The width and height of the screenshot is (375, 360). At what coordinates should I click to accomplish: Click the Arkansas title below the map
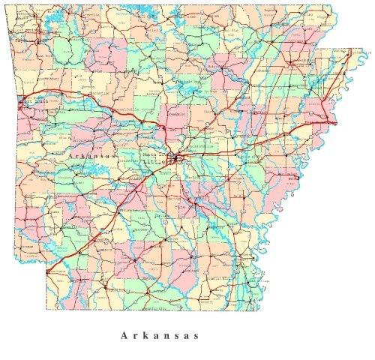pyautogui.click(x=159, y=335)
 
